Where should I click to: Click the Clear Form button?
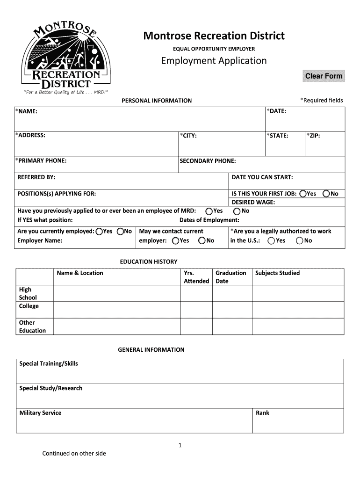tap(324, 76)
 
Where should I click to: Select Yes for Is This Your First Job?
tap(303, 194)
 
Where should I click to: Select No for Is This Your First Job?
tap(326, 194)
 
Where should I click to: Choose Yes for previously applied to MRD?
tap(209, 211)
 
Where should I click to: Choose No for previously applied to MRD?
tap(237, 211)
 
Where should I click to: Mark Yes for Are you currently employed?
tap(99, 232)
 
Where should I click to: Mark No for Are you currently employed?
tap(120, 232)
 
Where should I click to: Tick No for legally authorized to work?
tap(299, 241)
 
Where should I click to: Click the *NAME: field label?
tap(26, 111)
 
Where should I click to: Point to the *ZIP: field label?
tap(313, 136)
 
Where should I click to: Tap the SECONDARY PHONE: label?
tap(208, 161)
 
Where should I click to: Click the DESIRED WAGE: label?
tap(253, 202)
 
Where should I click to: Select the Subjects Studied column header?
tap(277, 273)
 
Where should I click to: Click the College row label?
tap(29, 306)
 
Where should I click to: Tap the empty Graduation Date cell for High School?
tap(232, 293)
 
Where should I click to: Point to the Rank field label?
tap(262, 413)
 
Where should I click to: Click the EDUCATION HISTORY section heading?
tap(149, 262)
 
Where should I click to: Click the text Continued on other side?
tap(74, 453)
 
